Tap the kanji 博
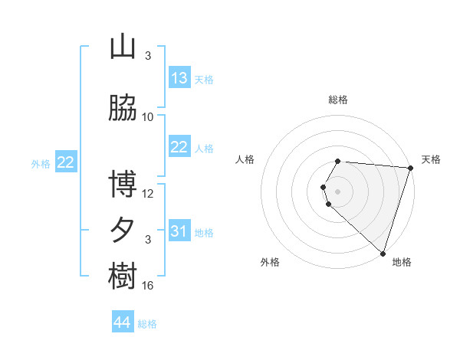click(123, 185)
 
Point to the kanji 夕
click(123, 231)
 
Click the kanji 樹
click(123, 277)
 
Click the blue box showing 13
click(179, 78)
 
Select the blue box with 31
click(179, 231)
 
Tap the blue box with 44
click(123, 323)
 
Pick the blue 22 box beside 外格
click(66, 162)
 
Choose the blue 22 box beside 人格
click(179, 147)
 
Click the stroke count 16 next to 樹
click(148, 286)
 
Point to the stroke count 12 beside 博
click(148, 194)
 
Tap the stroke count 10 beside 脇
click(148, 117)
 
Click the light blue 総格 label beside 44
click(147, 325)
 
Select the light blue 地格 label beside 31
click(204, 233)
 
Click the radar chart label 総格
click(338, 100)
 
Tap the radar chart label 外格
click(270, 262)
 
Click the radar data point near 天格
click(410, 168)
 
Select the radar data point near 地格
click(383, 253)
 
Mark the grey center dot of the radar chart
click(338, 191)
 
